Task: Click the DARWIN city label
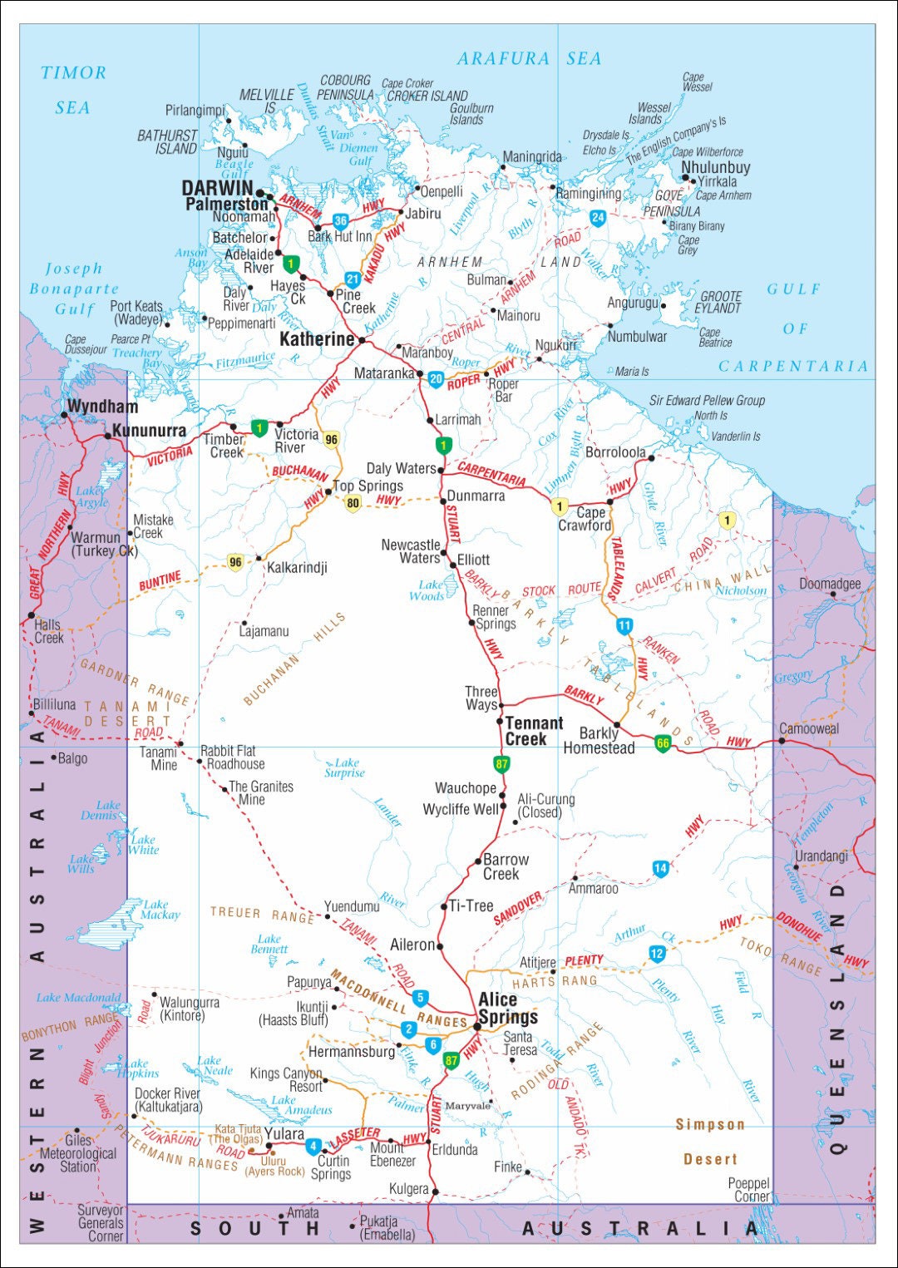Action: pos(217,188)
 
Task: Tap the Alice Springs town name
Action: pos(508,1009)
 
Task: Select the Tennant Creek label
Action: pos(534,731)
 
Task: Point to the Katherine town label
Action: pos(317,339)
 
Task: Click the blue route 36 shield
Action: pos(340,221)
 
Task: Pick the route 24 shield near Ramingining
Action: pos(597,218)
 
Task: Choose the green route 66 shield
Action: pos(662,743)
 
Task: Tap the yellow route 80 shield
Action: pos(353,503)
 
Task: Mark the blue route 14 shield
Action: pos(660,869)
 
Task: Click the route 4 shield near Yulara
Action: pos(313,1147)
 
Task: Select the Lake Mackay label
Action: pos(160,910)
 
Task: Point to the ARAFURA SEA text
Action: pos(529,59)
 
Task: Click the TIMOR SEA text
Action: pos(73,90)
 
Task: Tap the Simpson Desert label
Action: pos(710,1142)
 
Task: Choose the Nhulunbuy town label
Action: pos(715,167)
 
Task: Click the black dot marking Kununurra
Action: pos(107,436)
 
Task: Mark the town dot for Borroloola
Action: pos(651,456)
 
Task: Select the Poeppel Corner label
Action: pos(748,1190)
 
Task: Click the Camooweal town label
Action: pos(809,729)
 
